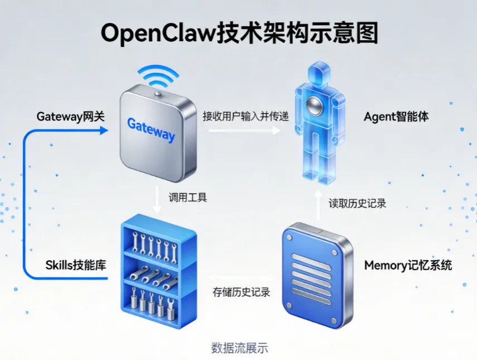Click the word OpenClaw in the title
tap(158, 33)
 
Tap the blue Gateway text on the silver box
tap(151, 130)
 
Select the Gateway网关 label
tap(71, 117)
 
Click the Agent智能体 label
tap(397, 117)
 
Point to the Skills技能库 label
tap(76, 265)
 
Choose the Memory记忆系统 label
tap(408, 265)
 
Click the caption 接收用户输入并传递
tap(246, 116)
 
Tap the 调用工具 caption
tap(188, 198)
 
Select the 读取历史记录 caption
tap(358, 203)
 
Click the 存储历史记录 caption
tap(241, 292)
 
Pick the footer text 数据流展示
tap(240, 348)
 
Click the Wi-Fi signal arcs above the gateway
tap(158, 76)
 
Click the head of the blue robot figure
tap(319, 74)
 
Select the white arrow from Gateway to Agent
tap(244, 130)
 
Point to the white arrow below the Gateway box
tap(157, 199)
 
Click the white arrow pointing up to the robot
tap(318, 205)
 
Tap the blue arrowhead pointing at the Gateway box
tap(104, 131)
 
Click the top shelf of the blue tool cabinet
tap(155, 247)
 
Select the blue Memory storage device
tap(317, 276)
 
